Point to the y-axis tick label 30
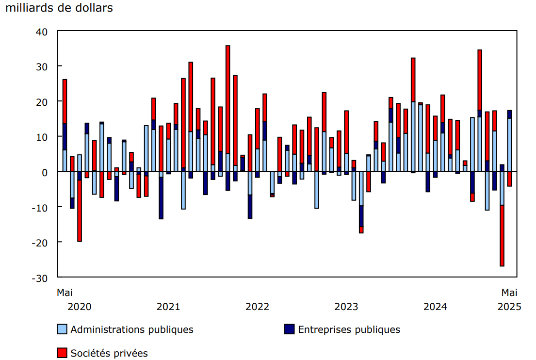42,66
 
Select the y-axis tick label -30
40,278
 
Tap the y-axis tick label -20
40,242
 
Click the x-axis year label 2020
79,307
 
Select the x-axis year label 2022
257,307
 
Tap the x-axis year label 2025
509,307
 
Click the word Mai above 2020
65,293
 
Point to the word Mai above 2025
509,293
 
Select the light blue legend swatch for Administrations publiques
62,329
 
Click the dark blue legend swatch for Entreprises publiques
289,329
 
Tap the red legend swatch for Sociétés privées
62,353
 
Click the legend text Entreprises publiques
349,329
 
